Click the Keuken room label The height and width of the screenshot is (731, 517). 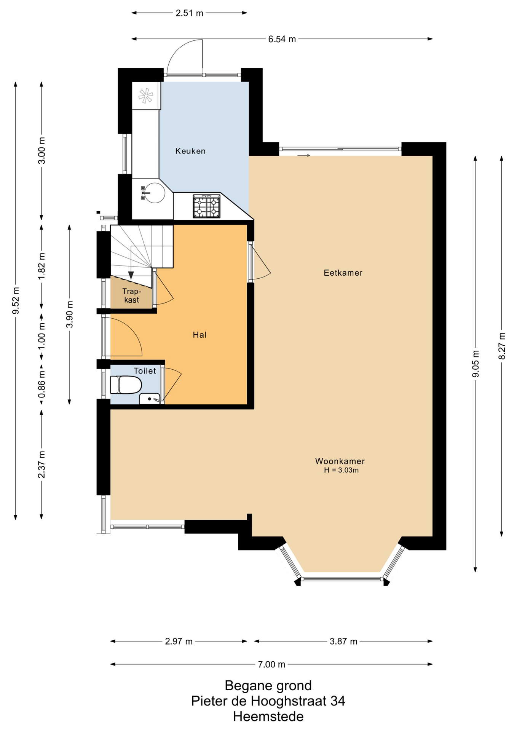point(190,151)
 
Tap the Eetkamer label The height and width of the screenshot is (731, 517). point(343,273)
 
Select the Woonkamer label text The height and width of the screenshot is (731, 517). point(340,461)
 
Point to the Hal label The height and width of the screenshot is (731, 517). point(199,335)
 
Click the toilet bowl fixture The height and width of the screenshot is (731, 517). point(125,385)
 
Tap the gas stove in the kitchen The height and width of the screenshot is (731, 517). point(207,206)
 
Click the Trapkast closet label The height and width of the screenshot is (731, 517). point(131,296)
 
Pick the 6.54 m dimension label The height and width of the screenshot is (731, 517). point(282,39)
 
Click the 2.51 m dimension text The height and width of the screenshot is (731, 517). point(190,13)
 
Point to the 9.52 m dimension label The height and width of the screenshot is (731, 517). point(16,301)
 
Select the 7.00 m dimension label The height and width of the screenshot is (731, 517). point(271,664)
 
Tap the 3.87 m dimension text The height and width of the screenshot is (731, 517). point(343,641)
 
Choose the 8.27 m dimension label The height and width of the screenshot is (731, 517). point(502,346)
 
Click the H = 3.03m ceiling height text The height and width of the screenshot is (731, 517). point(341,470)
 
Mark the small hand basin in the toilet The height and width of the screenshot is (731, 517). point(150,399)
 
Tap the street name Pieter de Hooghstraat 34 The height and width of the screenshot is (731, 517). point(268,701)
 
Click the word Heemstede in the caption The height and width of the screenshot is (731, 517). point(268,717)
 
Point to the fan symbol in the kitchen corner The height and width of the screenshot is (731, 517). point(145,96)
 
